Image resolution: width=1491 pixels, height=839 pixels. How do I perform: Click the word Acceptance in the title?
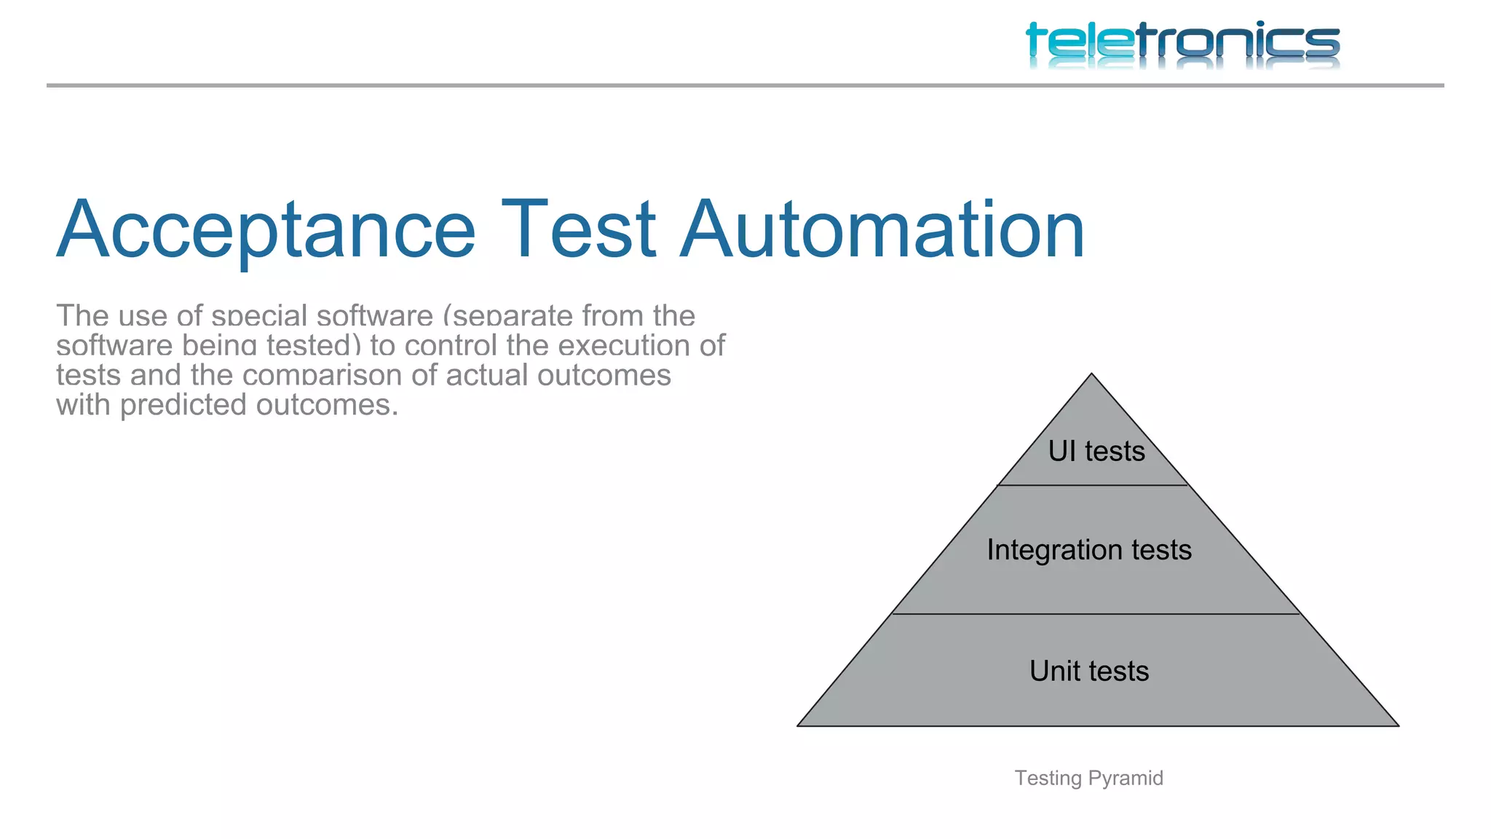(x=266, y=230)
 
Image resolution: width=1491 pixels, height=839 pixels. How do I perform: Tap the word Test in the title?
(x=579, y=230)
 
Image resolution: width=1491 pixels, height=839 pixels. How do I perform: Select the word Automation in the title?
(x=882, y=230)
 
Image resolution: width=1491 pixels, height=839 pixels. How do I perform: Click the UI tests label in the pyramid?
(x=1096, y=452)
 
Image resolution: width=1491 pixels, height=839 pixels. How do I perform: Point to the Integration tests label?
(x=1089, y=550)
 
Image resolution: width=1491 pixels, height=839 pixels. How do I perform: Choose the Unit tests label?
(x=1089, y=671)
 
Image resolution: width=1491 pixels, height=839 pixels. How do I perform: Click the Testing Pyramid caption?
(x=1088, y=778)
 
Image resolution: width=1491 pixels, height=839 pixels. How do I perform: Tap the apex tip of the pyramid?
(x=1091, y=375)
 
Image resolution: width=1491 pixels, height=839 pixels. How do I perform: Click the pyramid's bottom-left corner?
(x=799, y=725)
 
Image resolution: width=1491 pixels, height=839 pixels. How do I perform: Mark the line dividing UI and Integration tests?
(x=1092, y=485)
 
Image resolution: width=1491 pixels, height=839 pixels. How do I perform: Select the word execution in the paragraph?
(x=625, y=346)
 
